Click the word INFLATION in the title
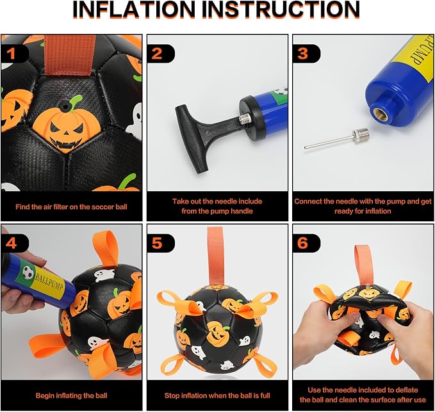[x=135, y=10]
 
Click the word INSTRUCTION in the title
[x=281, y=10]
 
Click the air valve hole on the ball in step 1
[x=65, y=106]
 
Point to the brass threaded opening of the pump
[x=380, y=115]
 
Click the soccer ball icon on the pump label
[x=28, y=273]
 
